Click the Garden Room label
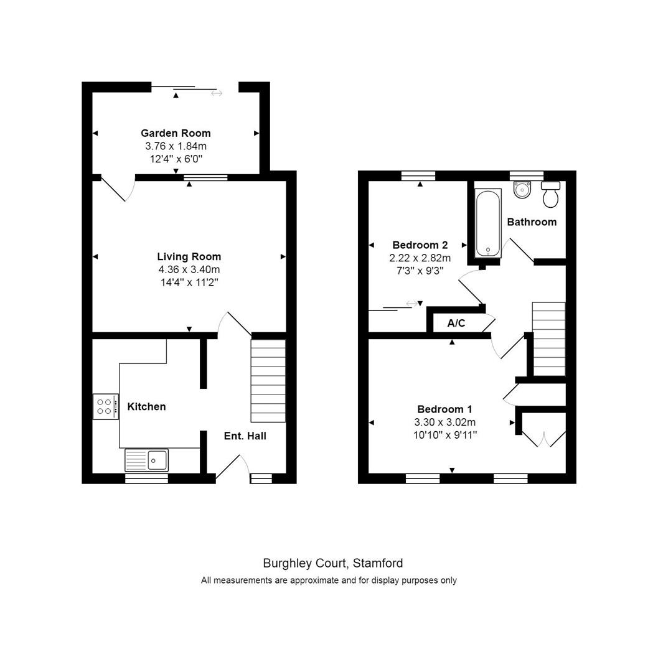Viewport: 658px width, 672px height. [x=176, y=133]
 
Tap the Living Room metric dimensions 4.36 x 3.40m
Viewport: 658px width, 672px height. [x=189, y=269]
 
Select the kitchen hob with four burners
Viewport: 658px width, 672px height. [x=105, y=406]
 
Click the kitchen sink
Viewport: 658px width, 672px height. [x=147, y=460]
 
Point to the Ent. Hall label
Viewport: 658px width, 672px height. [x=245, y=436]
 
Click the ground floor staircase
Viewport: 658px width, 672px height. [x=268, y=380]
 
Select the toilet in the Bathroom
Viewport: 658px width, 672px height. [x=550, y=194]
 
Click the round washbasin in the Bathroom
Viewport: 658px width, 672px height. [x=522, y=189]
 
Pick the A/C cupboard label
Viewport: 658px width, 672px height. [x=456, y=324]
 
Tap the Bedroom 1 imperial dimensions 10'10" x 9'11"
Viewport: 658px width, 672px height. [x=444, y=434]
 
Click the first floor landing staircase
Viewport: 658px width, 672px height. [x=548, y=338]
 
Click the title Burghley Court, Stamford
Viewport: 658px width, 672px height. [x=332, y=564]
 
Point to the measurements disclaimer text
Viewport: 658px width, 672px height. [x=329, y=581]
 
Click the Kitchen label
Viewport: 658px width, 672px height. [x=146, y=407]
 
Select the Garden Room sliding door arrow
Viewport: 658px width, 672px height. [x=216, y=93]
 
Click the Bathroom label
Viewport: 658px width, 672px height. [x=531, y=222]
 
